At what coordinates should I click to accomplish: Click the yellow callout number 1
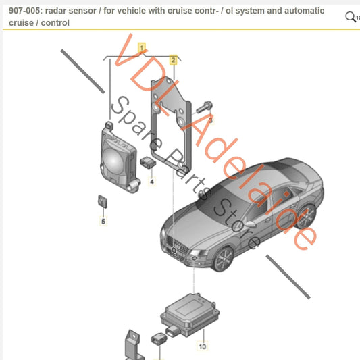tap(141, 47)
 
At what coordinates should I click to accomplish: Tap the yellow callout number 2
tap(174, 60)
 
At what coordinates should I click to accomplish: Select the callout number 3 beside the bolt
tap(210, 120)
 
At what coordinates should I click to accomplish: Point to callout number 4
tap(152, 182)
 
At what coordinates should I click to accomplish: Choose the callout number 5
tap(103, 221)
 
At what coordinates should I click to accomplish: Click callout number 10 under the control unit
tap(202, 346)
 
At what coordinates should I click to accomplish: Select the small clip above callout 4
tap(148, 161)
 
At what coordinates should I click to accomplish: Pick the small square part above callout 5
tap(102, 201)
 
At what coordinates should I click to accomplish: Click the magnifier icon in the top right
tap(351, 16)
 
